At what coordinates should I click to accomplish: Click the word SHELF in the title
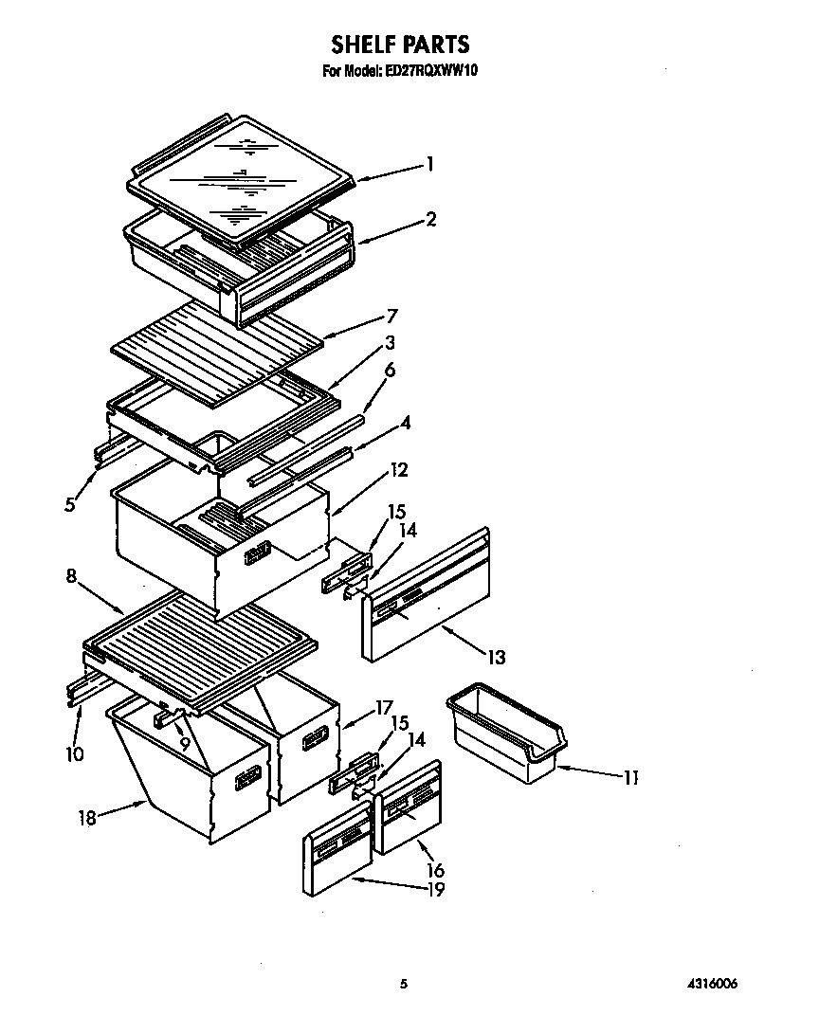coord(364,45)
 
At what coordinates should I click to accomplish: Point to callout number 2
coord(431,219)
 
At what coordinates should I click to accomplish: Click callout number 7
coord(391,316)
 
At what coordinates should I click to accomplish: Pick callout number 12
coord(399,468)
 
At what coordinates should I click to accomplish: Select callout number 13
coord(495,656)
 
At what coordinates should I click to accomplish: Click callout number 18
coord(87,816)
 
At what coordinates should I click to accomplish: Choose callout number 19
coord(434,889)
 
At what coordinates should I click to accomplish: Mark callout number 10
coord(75,754)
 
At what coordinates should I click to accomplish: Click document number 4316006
coord(710,984)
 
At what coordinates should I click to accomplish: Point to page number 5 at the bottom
coord(404,984)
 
